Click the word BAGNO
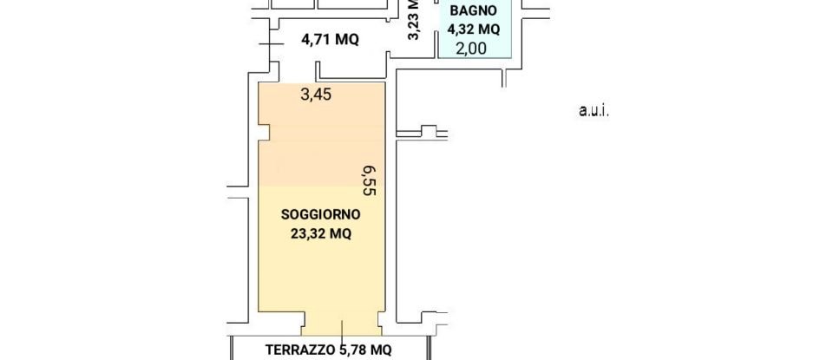click(x=474, y=11)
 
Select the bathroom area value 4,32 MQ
click(x=474, y=29)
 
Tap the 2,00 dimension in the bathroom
click(x=471, y=49)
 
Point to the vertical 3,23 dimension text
click(x=414, y=19)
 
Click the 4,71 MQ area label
click(x=330, y=39)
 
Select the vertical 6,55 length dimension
click(x=369, y=181)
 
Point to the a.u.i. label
click(x=594, y=110)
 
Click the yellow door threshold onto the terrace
click(x=341, y=327)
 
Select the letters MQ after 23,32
click(x=340, y=233)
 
